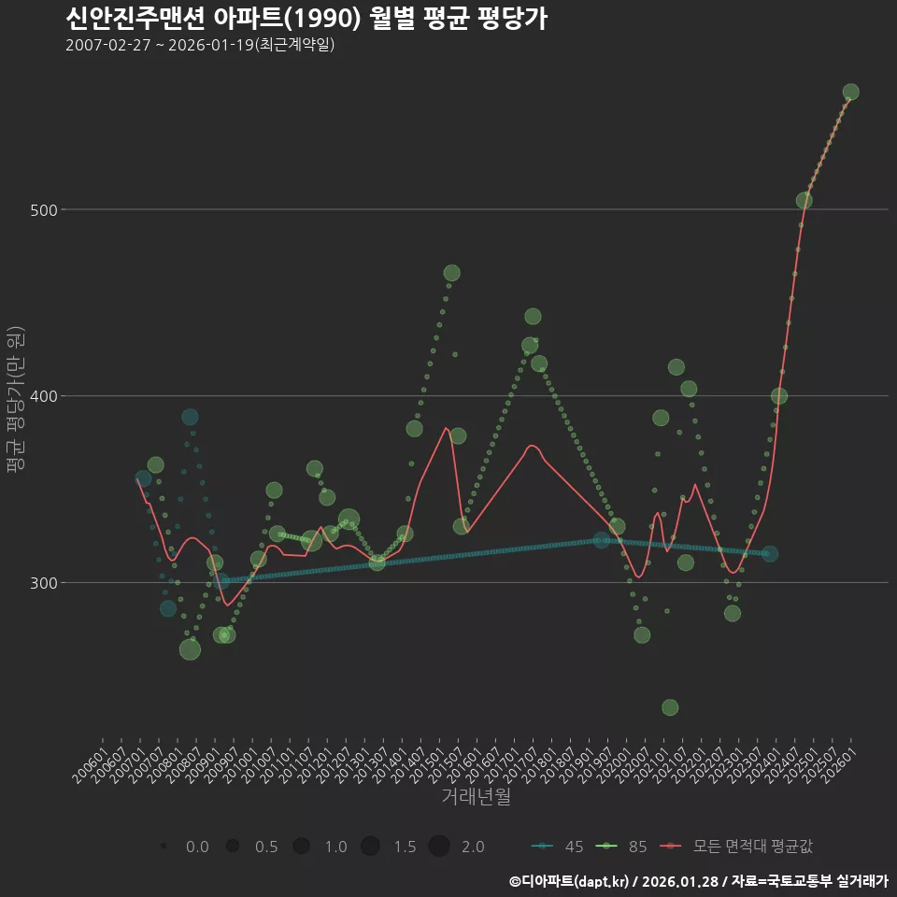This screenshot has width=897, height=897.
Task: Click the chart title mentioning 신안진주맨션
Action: pyautogui.click(x=306, y=19)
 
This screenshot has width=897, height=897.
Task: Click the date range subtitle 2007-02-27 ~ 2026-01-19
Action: pyautogui.click(x=200, y=45)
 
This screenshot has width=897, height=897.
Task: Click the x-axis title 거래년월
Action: pyautogui.click(x=476, y=797)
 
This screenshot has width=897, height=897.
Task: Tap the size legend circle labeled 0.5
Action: pyautogui.click(x=233, y=847)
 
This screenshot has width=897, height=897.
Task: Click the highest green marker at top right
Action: pyautogui.click(x=850, y=92)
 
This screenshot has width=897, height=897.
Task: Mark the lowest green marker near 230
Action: pyautogui.click(x=670, y=707)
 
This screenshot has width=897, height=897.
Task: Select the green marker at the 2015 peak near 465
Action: pyautogui.click(x=451, y=273)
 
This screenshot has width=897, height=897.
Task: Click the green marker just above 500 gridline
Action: pyautogui.click(x=804, y=201)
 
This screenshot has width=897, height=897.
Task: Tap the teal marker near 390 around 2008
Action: pyautogui.click(x=190, y=417)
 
